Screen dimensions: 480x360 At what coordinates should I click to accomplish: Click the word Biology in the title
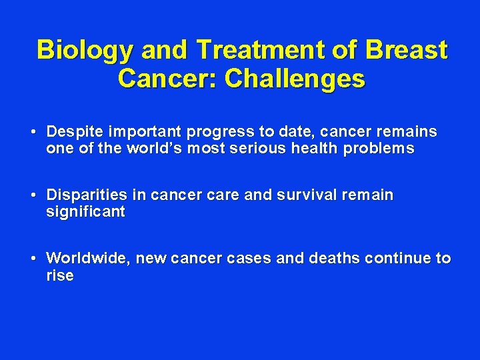pyautogui.click(x=85, y=51)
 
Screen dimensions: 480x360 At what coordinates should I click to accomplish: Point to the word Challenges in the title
pyautogui.click(x=295, y=79)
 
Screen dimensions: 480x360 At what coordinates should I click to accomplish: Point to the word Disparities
pyautogui.click(x=87, y=195)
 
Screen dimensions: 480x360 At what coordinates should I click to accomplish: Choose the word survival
pyautogui.click(x=307, y=195)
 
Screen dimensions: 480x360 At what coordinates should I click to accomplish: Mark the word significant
pyautogui.click(x=86, y=212)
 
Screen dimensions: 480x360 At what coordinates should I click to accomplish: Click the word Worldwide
pyautogui.click(x=89, y=258)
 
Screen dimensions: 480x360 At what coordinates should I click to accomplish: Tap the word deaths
pyautogui.click(x=334, y=258)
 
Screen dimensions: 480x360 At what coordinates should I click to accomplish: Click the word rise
pyautogui.click(x=60, y=275)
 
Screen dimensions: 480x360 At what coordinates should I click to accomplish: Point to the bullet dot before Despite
pyautogui.click(x=33, y=132)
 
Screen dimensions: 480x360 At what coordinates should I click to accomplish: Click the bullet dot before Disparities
pyautogui.click(x=33, y=195)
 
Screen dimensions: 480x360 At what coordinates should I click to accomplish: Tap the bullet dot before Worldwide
pyautogui.click(x=33, y=259)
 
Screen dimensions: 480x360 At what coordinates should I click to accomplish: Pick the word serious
pyautogui.click(x=258, y=148)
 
